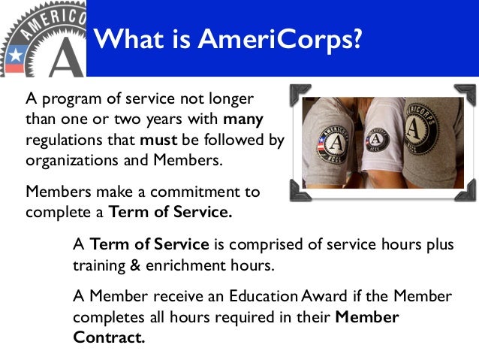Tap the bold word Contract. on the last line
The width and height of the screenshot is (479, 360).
(x=108, y=337)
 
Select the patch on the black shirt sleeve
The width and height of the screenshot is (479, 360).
(x=336, y=140)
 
